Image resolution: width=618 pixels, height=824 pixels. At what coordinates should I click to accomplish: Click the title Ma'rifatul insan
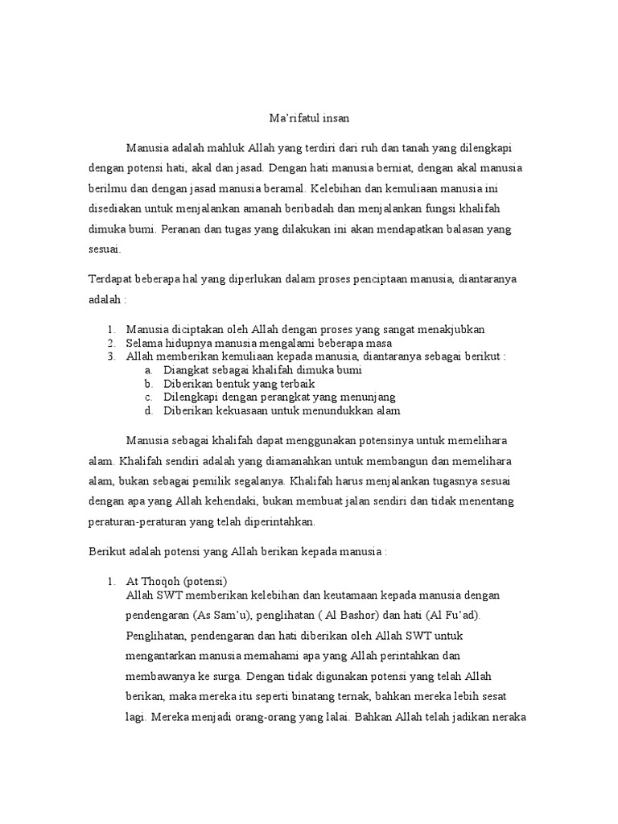[309, 118]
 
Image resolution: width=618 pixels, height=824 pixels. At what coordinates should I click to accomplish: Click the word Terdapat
[109, 280]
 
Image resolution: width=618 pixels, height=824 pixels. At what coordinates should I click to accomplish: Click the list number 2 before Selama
[109, 343]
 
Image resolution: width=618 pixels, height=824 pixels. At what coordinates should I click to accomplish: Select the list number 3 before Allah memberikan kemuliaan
[109, 356]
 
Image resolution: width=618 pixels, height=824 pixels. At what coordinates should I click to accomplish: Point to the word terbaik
[291, 384]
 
